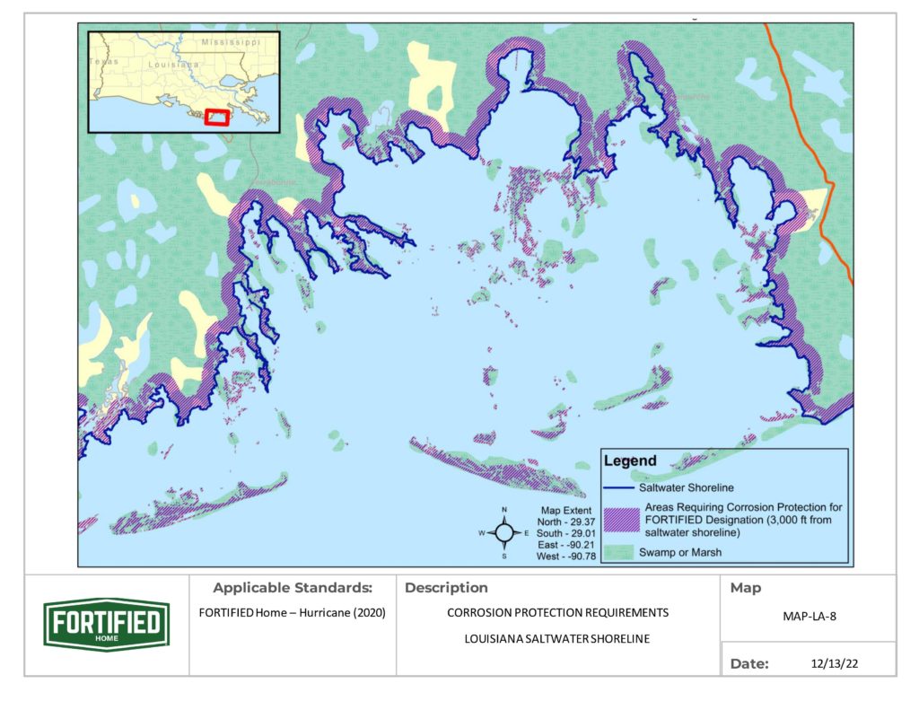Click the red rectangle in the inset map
click(216, 118)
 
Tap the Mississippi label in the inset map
click(230, 42)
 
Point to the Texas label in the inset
click(104, 61)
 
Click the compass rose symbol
click(504, 532)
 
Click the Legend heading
click(630, 461)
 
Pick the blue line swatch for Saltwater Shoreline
click(620, 488)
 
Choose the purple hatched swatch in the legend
click(620, 520)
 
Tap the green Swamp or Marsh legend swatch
click(620, 551)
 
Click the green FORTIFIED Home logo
click(107, 624)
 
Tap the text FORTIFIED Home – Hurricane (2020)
click(292, 614)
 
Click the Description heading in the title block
click(446, 589)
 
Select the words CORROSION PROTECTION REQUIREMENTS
click(557, 614)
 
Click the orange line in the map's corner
click(811, 144)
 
